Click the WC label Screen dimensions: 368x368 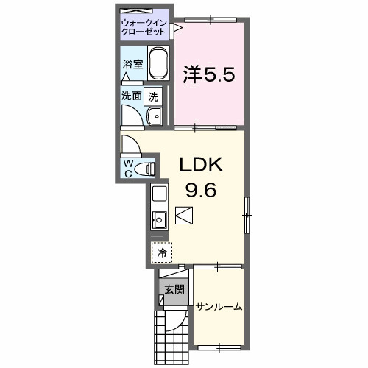[x=128, y=168]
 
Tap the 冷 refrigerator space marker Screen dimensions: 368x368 [x=161, y=252]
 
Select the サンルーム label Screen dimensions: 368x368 [x=219, y=307]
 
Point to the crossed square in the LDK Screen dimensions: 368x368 [x=185, y=216]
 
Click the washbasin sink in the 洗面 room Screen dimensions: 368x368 [x=155, y=116]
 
